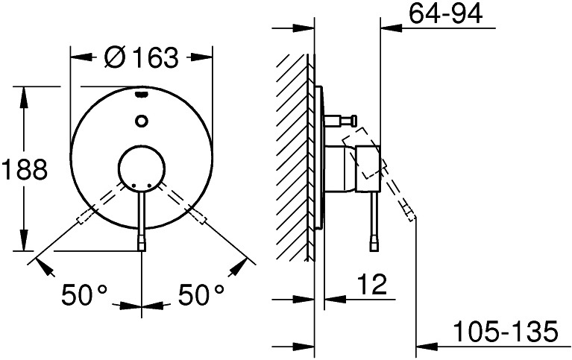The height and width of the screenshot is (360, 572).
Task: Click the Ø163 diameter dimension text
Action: [x=141, y=57]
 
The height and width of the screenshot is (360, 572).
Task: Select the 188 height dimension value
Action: [x=25, y=169]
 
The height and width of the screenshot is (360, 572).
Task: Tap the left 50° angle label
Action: [x=84, y=294]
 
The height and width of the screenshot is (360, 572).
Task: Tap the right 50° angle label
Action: [x=201, y=294]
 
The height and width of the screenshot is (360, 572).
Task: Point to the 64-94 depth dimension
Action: [x=445, y=14]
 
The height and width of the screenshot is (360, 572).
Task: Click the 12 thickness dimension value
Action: [x=371, y=284]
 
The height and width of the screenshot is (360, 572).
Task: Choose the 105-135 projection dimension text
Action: [x=506, y=332]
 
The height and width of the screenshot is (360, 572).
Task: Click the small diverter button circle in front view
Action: [x=141, y=121]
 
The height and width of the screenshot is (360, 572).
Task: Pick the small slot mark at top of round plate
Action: [x=141, y=95]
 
